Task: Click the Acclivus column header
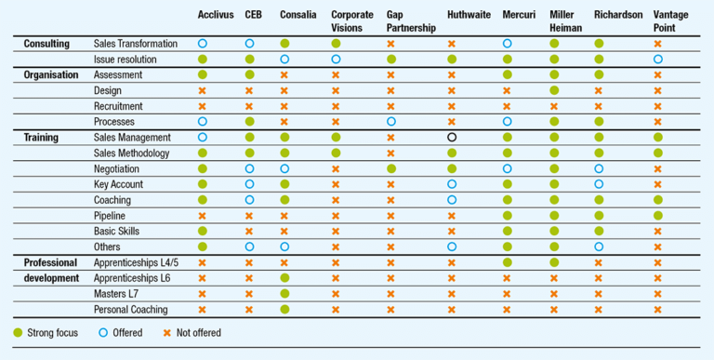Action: [x=215, y=15]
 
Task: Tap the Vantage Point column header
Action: [x=671, y=20]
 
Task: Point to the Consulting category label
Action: [x=46, y=44]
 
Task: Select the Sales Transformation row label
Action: [x=135, y=44]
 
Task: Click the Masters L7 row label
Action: [x=116, y=294]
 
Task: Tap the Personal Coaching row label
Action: [x=131, y=310]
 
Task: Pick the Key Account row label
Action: [x=118, y=184]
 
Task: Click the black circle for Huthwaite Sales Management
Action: [x=452, y=138]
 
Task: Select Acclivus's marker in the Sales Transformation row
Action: [x=203, y=44]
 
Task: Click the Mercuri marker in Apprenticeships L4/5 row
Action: [x=507, y=262]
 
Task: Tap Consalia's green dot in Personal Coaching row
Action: [x=284, y=310]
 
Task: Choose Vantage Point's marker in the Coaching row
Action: [x=658, y=200]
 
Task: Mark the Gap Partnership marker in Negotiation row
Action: [x=390, y=168]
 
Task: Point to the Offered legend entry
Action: [x=120, y=333]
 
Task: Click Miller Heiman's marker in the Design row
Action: [x=555, y=90]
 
